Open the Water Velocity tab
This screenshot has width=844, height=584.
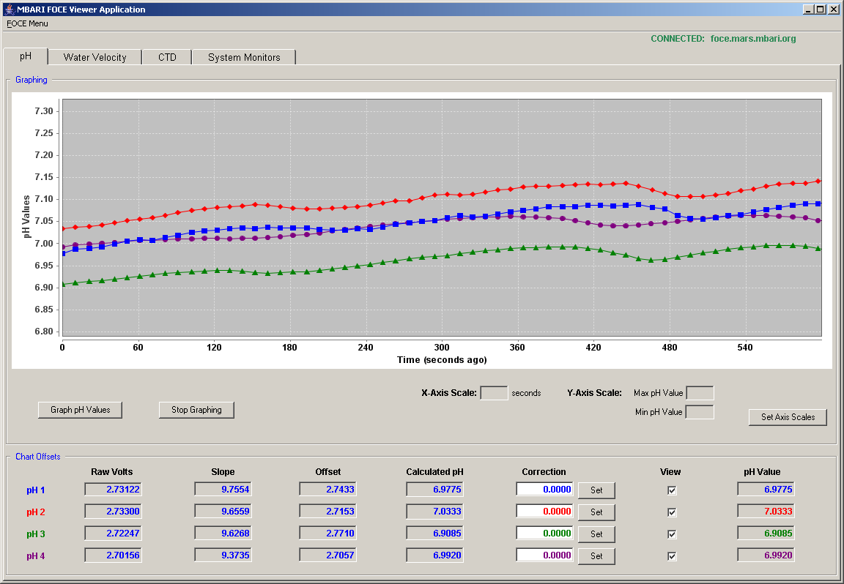95,57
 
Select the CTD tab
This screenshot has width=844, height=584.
167,57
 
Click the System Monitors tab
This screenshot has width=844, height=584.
244,57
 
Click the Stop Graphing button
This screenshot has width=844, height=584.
196,410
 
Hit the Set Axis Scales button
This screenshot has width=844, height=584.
788,416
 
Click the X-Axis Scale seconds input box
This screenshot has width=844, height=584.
494,393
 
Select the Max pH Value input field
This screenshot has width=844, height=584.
700,393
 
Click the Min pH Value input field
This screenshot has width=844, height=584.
700,413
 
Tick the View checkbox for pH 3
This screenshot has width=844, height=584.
672,534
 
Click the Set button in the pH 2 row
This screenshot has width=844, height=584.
596,512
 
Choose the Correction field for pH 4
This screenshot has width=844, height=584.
544,555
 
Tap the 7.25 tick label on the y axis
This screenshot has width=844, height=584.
44,133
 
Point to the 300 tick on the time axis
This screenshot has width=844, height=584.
441,348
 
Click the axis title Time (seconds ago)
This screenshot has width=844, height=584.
442,360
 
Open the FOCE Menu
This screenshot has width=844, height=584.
27,23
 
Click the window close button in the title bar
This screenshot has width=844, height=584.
833,9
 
